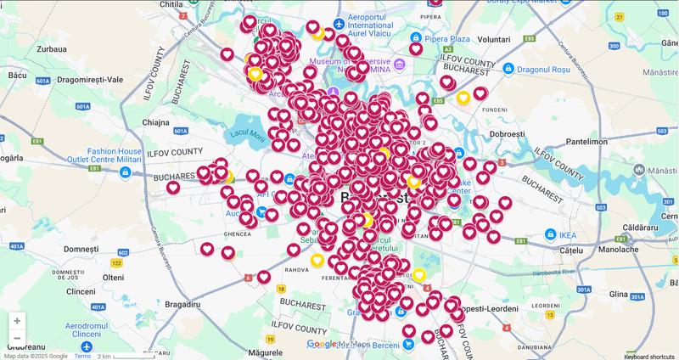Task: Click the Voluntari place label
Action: [x=493, y=40]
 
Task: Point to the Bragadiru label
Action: [x=182, y=303]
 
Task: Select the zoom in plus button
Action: [x=17, y=321]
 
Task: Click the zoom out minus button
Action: [x=17, y=339]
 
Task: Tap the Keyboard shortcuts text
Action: [x=649, y=356]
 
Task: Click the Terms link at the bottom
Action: [x=82, y=356]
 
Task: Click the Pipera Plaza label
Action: [x=448, y=39]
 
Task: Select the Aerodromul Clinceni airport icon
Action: [x=86, y=347]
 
